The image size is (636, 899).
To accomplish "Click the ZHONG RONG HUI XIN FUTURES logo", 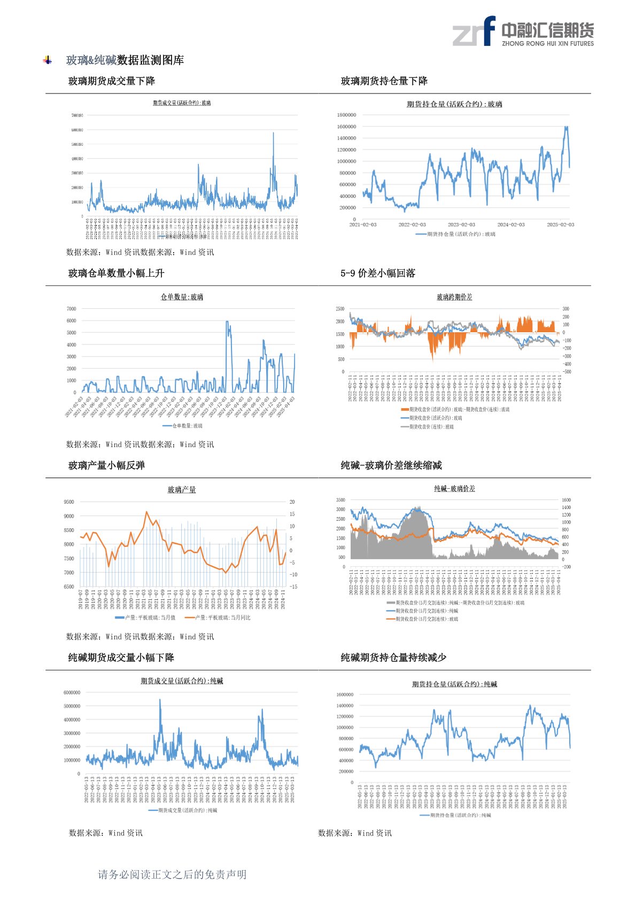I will pyautogui.click(x=523, y=32).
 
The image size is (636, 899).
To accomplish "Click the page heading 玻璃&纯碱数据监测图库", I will pyautogui.click(x=125, y=60).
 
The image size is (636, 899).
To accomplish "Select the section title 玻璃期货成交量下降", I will pyautogui.click(x=112, y=81).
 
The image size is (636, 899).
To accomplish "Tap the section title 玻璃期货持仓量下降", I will pyautogui.click(x=384, y=81).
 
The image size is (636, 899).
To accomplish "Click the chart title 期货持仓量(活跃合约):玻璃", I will pyautogui.click(x=454, y=104).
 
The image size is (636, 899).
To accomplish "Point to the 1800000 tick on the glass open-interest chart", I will pyautogui.click(x=346, y=115).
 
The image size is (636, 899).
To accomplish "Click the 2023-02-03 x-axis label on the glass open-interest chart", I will pyautogui.click(x=461, y=225).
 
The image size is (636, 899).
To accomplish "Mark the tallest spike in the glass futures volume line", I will pyautogui.click(x=274, y=133).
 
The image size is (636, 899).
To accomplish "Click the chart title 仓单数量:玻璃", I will pyautogui.click(x=182, y=297).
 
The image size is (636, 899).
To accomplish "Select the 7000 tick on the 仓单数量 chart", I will pyautogui.click(x=72, y=309).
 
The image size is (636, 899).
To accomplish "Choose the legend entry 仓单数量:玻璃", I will pyautogui.click(x=183, y=426).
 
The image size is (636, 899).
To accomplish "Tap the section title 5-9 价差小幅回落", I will pyautogui.click(x=378, y=273).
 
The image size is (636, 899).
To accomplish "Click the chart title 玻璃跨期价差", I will pyautogui.click(x=454, y=297).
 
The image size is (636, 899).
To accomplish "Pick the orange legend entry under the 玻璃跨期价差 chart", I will pyautogui.click(x=455, y=410).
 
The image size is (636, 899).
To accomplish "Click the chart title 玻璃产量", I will pyautogui.click(x=182, y=489).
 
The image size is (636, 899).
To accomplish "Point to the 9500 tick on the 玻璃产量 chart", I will pyautogui.click(x=69, y=502).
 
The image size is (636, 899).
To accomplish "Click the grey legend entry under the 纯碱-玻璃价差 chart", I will pyautogui.click(x=455, y=603).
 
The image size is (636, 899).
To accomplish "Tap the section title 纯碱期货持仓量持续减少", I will pyautogui.click(x=393, y=658).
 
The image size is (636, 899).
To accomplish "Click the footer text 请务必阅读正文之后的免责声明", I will pyautogui.click(x=172, y=874).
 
